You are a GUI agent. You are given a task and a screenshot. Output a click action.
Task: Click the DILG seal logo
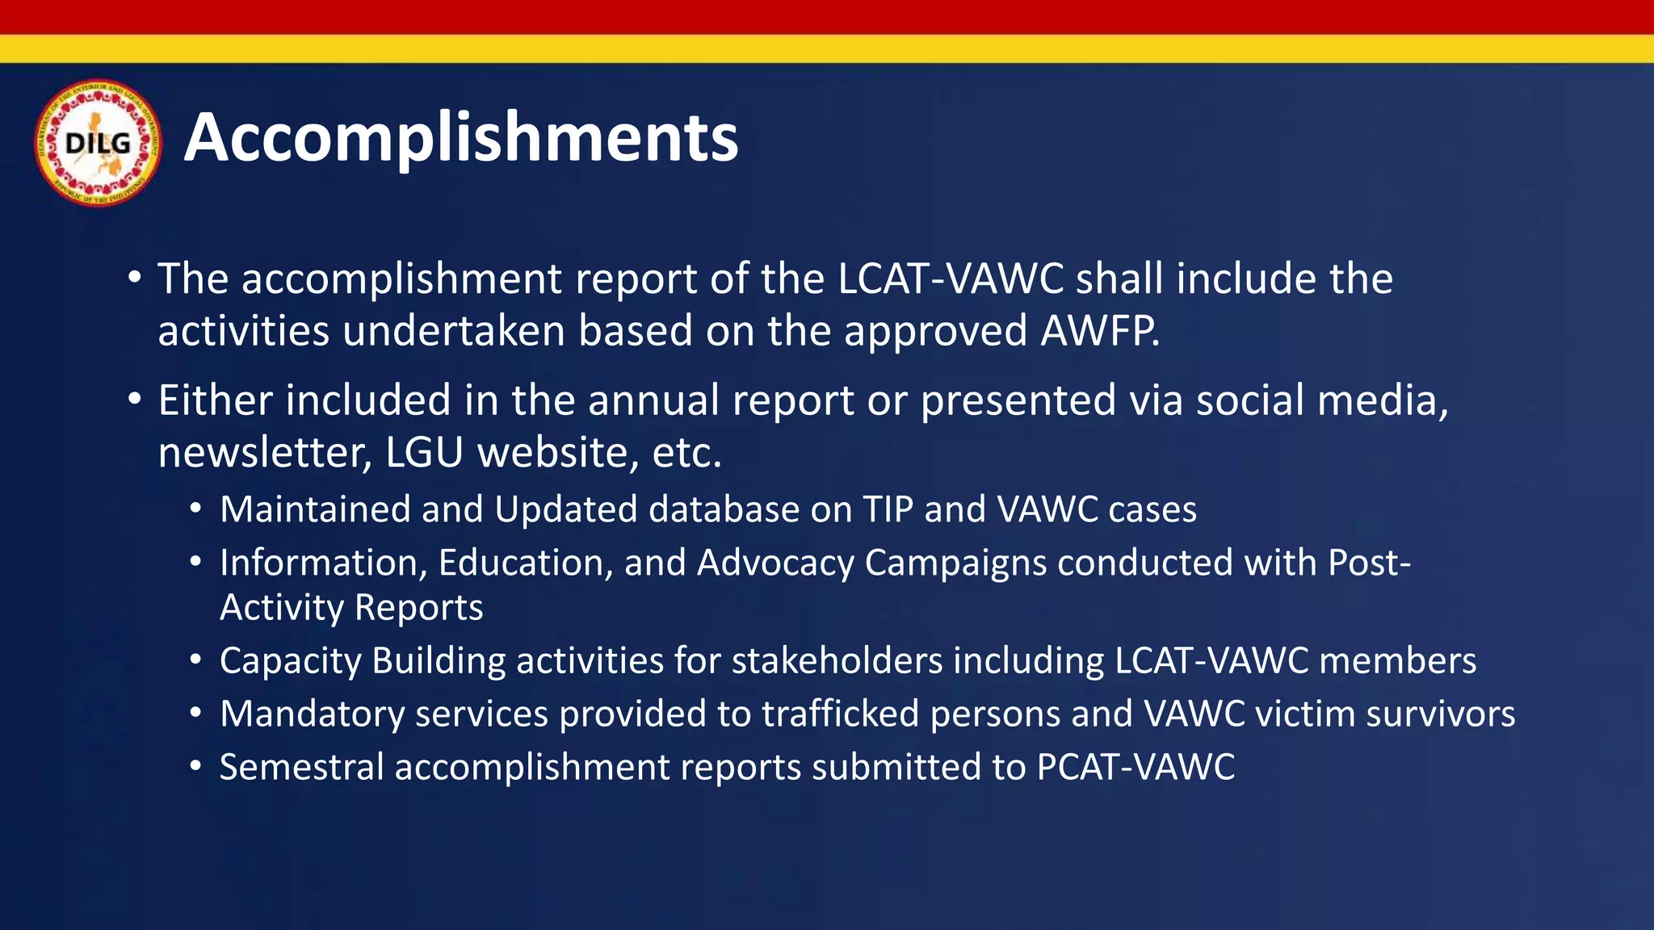point(98,143)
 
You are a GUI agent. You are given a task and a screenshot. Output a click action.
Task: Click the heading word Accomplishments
point(461,137)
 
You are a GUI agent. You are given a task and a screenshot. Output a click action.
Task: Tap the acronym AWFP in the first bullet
point(1098,331)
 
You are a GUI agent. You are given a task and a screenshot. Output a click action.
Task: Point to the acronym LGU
point(424,453)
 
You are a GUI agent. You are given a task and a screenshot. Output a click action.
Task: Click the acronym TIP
point(888,509)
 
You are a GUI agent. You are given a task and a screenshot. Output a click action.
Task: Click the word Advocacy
point(775,563)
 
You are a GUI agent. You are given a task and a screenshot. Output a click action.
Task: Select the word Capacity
point(291,661)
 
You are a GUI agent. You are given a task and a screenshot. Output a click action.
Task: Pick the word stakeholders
point(837,661)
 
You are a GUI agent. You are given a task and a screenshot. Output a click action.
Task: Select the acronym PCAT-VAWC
point(1136,767)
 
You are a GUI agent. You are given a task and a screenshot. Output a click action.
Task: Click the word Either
point(215,400)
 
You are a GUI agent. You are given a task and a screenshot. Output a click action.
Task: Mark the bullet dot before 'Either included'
point(135,399)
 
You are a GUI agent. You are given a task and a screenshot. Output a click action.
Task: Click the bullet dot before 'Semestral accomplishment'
point(196,767)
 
